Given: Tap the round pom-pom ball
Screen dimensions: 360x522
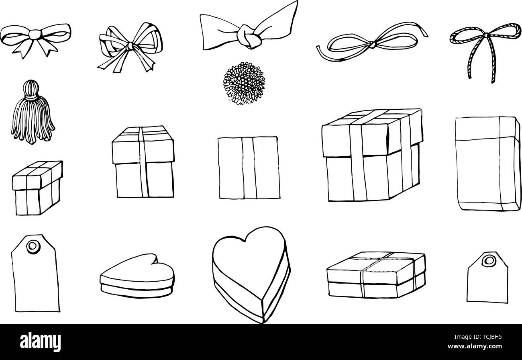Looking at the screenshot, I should (244, 83).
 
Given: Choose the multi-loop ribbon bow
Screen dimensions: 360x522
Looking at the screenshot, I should (129, 46).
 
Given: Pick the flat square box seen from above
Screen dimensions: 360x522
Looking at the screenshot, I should (249, 168).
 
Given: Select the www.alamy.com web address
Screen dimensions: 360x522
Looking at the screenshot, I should (486, 347).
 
